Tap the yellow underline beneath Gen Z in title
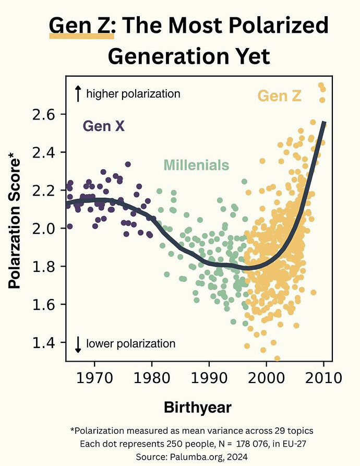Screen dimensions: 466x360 click(x=81, y=37)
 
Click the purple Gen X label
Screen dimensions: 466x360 click(x=104, y=126)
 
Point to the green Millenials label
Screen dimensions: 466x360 click(x=196, y=165)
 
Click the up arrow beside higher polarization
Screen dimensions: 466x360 click(x=78, y=94)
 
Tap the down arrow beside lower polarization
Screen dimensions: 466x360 click(x=78, y=344)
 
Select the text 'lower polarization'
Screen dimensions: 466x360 click(x=130, y=344)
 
